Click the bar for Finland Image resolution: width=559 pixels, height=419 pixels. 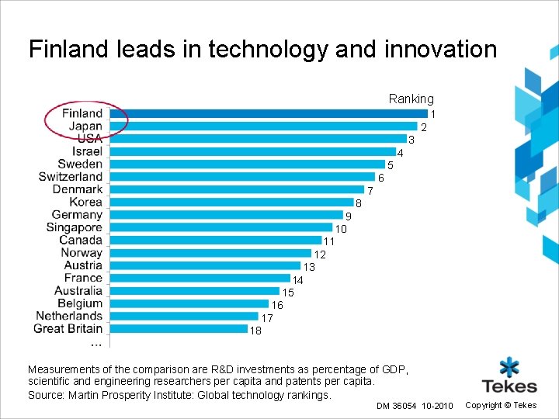pos(268,113)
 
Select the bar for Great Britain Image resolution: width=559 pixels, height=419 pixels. pos(179,328)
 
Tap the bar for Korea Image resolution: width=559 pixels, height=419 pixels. pos(231,203)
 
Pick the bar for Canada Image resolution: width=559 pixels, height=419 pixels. pos(216,241)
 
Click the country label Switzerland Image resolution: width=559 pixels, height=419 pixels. pos(71,177)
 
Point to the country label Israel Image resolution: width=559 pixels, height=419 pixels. pos(88,151)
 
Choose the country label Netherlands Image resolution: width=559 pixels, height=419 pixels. pos(69,316)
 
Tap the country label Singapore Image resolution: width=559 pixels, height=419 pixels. pos(75,227)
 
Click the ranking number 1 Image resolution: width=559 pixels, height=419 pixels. pos(432,114)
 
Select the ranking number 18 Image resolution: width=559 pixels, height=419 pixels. pos(255,331)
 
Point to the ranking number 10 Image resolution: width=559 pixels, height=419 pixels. pos(341,229)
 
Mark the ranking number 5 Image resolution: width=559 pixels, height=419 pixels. pos(391,165)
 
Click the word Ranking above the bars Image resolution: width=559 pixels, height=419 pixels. pos(411,99)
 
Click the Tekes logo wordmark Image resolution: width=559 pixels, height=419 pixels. pos(509,386)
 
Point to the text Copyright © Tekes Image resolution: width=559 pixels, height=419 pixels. pos(501,405)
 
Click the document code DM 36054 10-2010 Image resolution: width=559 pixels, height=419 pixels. pos(414,406)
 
